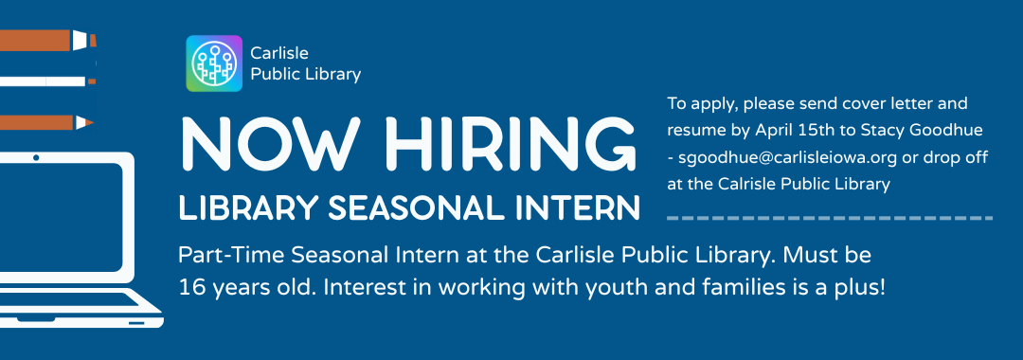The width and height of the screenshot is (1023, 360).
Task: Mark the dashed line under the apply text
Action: [830, 218]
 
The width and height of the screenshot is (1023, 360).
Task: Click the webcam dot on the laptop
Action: [36, 156]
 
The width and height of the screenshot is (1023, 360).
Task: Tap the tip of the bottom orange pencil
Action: [89, 122]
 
